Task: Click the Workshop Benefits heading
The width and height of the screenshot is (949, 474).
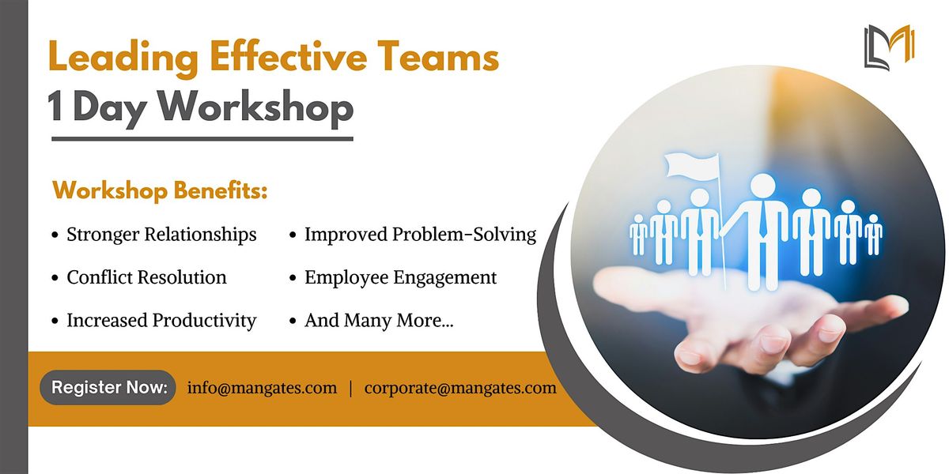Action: pyautogui.click(x=160, y=191)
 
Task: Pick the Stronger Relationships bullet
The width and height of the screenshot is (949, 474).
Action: pyautogui.click(x=161, y=235)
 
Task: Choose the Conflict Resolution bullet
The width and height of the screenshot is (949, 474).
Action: pyautogui.click(x=146, y=277)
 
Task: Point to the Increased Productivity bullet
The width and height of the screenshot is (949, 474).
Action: pyautogui.click(x=161, y=320)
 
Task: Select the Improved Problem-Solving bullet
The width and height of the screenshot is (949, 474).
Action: pyautogui.click(x=420, y=235)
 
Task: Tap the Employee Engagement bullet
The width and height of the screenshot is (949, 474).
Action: pyautogui.click(x=400, y=277)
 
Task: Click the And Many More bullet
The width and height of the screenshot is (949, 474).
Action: pyautogui.click(x=379, y=320)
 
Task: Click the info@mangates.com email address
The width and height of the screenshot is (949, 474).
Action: pyautogui.click(x=262, y=388)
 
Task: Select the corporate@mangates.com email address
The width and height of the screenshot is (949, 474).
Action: pyautogui.click(x=460, y=388)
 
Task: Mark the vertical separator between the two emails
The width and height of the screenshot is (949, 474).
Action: pyautogui.click(x=350, y=389)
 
